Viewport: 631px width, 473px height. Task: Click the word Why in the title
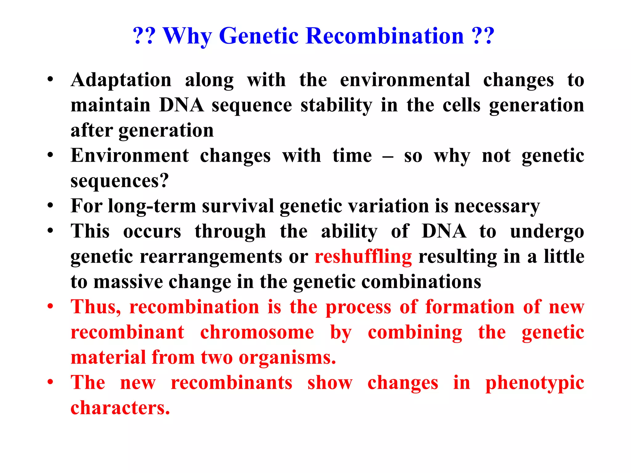point(187,36)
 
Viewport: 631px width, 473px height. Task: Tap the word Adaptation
point(121,80)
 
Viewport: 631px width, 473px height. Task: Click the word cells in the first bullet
point(462,105)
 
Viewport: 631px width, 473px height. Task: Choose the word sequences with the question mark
point(120,181)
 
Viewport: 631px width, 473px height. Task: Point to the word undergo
point(547,232)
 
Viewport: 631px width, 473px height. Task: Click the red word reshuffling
point(363,257)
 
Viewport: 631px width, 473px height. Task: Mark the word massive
point(128,282)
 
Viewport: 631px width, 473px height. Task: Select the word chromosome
point(257,333)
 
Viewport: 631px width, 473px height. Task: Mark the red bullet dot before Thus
point(50,307)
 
